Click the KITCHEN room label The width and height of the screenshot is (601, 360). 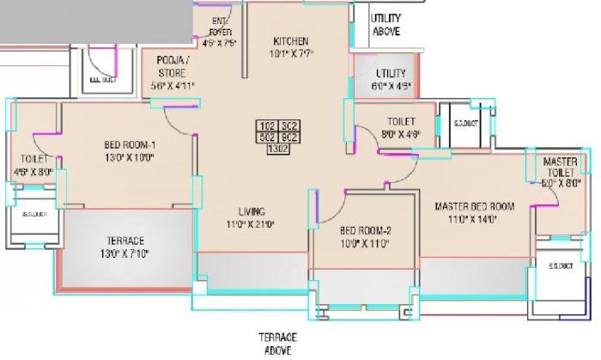291,41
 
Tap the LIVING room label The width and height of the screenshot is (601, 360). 251,212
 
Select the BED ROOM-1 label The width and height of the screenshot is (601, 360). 129,145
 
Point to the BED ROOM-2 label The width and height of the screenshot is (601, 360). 365,230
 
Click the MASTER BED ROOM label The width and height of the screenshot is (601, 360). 473,206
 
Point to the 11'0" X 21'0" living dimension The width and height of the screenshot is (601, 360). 251,226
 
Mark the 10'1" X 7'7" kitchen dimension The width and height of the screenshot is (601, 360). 291,56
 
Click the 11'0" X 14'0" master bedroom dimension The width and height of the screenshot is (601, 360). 473,220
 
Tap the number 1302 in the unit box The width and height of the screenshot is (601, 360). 277,148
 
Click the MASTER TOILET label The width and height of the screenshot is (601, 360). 560,168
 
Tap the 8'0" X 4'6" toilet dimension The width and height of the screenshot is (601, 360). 401,134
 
